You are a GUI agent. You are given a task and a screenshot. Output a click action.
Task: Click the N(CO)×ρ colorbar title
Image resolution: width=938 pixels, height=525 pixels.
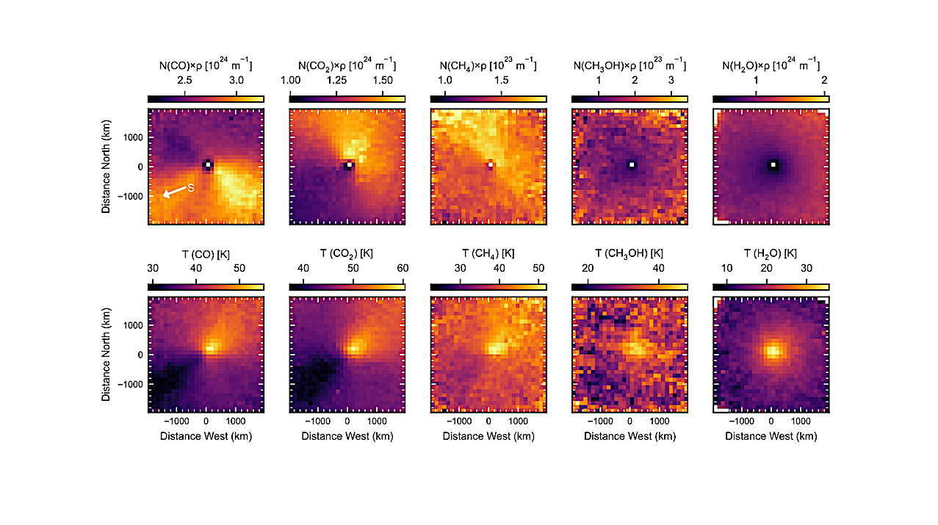coord(206,65)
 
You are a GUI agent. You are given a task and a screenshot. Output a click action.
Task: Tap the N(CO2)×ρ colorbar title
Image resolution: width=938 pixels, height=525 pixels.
coord(347,65)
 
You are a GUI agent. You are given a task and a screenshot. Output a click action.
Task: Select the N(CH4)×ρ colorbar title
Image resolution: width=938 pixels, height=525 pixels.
coord(488,65)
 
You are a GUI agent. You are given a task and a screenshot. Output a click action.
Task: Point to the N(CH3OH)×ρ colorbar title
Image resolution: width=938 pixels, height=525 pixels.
coord(629,65)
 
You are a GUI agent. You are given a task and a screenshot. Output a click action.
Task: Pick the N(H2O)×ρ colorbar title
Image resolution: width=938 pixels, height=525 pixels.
coord(771,65)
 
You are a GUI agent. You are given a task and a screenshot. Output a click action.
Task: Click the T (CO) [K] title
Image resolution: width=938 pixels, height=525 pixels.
coord(206,254)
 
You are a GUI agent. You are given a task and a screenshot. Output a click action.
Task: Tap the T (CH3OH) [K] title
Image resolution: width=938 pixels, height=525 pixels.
coord(629,254)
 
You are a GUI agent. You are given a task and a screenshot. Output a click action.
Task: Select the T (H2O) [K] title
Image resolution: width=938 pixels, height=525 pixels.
coord(771,254)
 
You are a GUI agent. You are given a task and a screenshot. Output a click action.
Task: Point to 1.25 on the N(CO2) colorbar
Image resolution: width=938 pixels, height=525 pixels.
coord(347,80)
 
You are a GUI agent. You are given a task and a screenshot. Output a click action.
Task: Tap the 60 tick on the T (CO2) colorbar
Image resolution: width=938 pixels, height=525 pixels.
coord(403,269)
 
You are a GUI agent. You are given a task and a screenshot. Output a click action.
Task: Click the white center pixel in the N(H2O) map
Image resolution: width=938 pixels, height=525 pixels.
coord(773,165)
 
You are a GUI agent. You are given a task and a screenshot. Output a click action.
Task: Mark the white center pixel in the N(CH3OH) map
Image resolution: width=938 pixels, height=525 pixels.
coord(632,165)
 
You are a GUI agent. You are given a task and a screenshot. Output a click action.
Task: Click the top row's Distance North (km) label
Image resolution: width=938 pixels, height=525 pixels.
coord(107,167)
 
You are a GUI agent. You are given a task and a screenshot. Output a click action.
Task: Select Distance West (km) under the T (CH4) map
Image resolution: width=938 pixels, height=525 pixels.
coord(488,436)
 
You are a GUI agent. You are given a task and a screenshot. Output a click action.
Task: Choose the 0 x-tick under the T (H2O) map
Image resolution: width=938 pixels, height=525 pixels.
coord(771,422)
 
